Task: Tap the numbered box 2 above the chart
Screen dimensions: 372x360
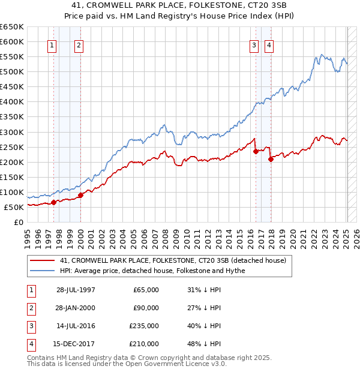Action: (x=79, y=44)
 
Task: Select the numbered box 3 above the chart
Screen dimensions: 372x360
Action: (x=254, y=44)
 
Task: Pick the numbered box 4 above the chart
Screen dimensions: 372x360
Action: (x=269, y=44)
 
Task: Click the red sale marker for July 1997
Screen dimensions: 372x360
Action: (x=53, y=202)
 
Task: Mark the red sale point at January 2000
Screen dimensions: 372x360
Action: (x=80, y=194)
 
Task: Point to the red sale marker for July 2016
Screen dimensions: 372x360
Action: (x=256, y=151)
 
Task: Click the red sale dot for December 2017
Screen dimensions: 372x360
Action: (x=271, y=159)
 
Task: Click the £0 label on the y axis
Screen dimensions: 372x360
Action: (x=17, y=222)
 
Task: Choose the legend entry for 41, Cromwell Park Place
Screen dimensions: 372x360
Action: (x=176, y=260)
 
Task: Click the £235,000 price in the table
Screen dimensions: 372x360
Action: (x=145, y=326)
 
